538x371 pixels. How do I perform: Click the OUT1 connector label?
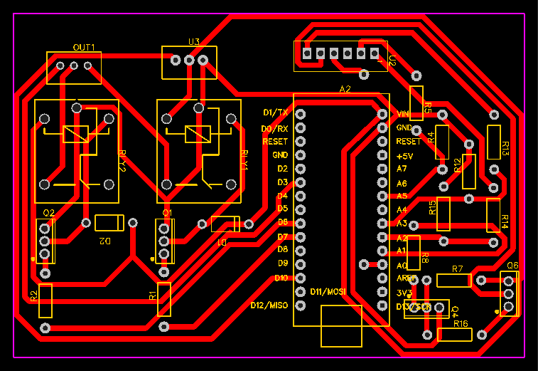pyautogui.click(x=84, y=47)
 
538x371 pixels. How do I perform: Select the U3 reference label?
pyautogui.click(x=193, y=41)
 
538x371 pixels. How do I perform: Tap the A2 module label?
pyautogui.click(x=345, y=89)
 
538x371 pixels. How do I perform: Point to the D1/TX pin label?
pyautogui.click(x=275, y=113)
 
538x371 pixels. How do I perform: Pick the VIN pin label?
pyautogui.click(x=403, y=114)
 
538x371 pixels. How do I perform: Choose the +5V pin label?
pyautogui.click(x=404, y=155)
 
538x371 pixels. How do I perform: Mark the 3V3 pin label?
pyautogui.click(x=404, y=293)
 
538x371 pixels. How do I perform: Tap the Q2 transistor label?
pyautogui.click(x=49, y=213)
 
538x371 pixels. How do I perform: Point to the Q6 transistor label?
pyautogui.click(x=512, y=265)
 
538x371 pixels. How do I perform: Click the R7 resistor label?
pyautogui.click(x=458, y=268)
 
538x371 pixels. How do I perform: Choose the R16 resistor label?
pyautogui.click(x=460, y=324)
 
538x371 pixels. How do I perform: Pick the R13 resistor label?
pyautogui.click(x=505, y=149)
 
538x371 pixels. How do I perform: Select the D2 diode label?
pyautogui.click(x=105, y=241)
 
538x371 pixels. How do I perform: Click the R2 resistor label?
pyautogui.click(x=33, y=295)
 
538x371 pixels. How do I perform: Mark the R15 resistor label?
pyautogui.click(x=432, y=207)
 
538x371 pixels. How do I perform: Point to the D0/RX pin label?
pyautogui.click(x=274, y=128)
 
